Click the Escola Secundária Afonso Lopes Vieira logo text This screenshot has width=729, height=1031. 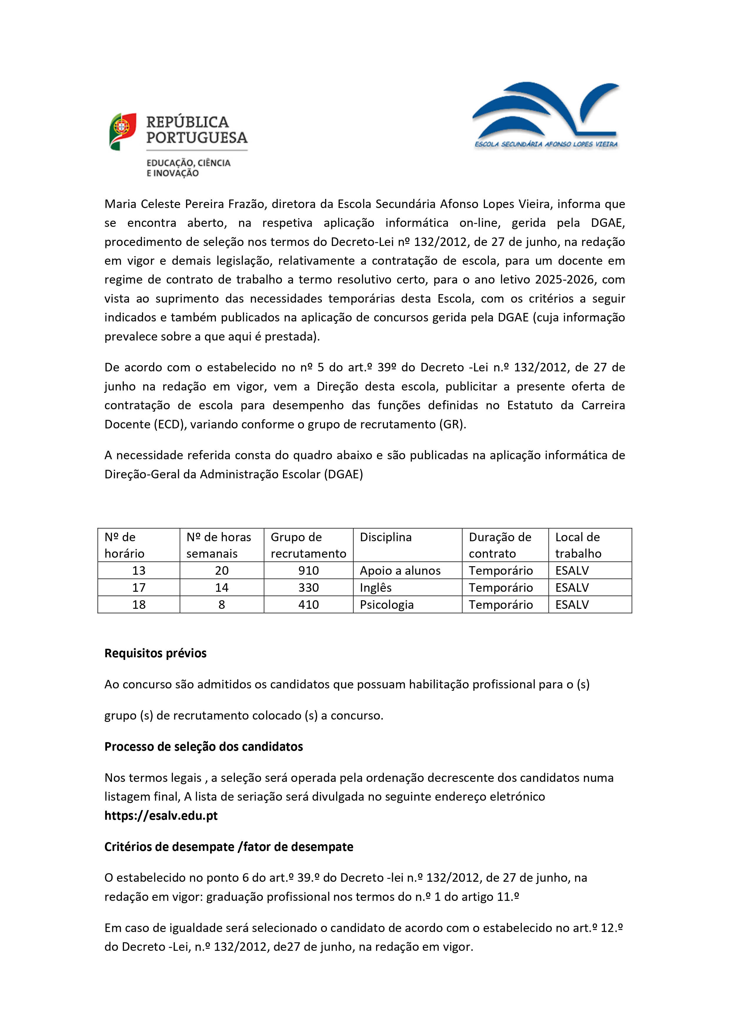click(546, 144)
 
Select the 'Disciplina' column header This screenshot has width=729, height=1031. click(385, 537)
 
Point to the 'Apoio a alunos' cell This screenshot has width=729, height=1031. click(400, 570)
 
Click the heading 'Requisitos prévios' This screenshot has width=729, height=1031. click(156, 653)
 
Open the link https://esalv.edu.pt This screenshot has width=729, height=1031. click(161, 815)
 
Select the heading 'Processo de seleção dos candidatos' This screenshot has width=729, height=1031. click(203, 747)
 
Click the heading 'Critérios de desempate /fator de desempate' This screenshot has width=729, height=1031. click(229, 847)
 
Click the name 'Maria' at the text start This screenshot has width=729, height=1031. click(121, 204)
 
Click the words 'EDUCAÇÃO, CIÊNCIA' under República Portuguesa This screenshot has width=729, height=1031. click(188, 163)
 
